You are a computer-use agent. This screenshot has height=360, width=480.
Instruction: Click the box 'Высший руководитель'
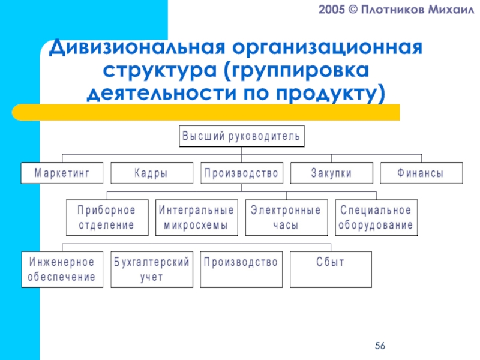click(241, 136)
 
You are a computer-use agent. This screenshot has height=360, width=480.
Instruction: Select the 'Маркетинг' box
click(62, 173)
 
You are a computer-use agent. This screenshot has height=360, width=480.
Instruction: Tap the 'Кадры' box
click(151, 173)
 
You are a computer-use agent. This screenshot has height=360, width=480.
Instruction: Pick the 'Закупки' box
click(331, 173)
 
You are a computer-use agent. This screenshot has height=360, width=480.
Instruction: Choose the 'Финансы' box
click(421, 173)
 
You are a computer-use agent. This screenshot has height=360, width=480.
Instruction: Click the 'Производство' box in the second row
click(241, 173)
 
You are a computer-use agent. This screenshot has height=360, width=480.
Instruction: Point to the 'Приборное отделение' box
click(106, 218)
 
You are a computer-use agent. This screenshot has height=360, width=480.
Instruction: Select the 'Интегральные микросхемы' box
click(196, 218)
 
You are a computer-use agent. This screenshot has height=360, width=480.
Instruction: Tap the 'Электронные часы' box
click(286, 218)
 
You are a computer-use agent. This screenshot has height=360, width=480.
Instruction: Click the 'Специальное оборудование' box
click(376, 218)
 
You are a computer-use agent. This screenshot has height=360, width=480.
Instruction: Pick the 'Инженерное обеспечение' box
click(62, 269)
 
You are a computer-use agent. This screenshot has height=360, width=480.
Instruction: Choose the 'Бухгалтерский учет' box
click(151, 269)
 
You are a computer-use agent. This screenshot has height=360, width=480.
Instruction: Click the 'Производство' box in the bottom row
click(241, 269)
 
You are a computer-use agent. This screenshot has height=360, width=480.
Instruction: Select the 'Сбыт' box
click(331, 269)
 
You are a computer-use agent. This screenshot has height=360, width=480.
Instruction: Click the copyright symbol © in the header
click(358, 12)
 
